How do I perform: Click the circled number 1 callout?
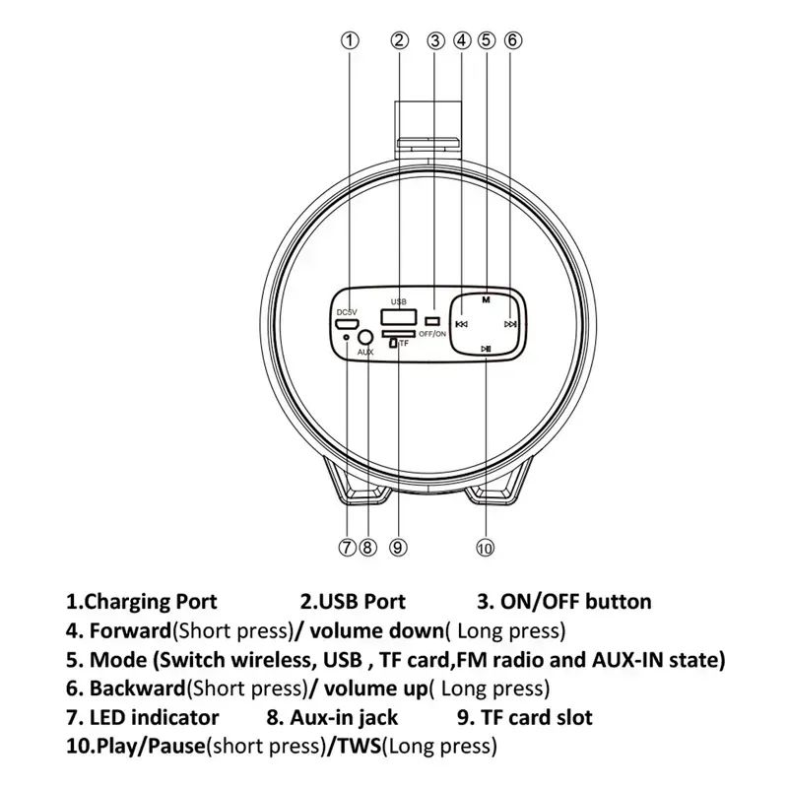(x=351, y=40)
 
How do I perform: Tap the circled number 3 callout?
(x=435, y=40)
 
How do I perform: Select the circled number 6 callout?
(x=512, y=40)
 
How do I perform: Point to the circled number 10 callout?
(x=485, y=548)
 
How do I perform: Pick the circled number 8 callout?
(x=367, y=547)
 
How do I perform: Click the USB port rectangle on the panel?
(x=399, y=317)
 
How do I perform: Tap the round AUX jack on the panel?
(x=365, y=337)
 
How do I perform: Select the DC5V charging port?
(x=347, y=323)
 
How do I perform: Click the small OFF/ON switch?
(x=432, y=321)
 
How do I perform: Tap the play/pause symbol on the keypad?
(x=486, y=349)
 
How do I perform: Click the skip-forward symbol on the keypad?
(x=510, y=324)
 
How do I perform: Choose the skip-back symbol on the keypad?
(x=461, y=324)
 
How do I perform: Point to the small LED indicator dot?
(x=346, y=337)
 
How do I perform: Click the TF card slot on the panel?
(x=399, y=334)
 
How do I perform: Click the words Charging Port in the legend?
(x=151, y=602)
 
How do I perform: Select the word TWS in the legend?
(x=359, y=746)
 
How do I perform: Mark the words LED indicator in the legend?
(x=154, y=717)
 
